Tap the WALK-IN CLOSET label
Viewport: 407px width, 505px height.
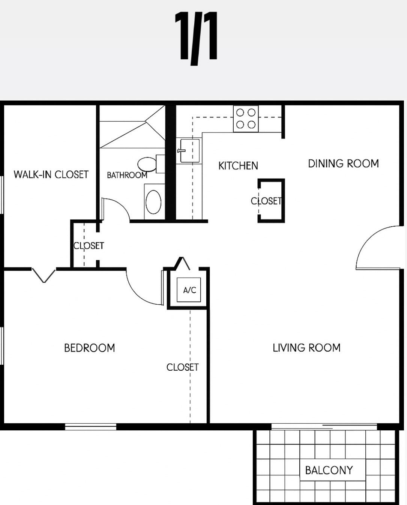[51, 174]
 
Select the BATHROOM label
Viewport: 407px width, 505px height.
[127, 175]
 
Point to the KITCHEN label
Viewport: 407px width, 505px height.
[238, 166]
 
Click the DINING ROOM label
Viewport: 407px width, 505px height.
[343, 164]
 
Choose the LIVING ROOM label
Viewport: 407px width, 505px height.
[306, 348]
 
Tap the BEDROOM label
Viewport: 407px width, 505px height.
[89, 348]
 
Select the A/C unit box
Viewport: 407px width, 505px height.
[189, 290]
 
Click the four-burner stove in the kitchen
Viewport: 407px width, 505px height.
[246, 119]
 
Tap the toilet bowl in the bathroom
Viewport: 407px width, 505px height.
[147, 164]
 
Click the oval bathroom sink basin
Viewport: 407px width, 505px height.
[153, 202]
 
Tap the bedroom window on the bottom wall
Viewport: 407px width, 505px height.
[91, 426]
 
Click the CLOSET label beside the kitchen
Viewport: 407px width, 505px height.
[266, 201]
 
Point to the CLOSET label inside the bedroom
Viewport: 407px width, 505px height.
[183, 367]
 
